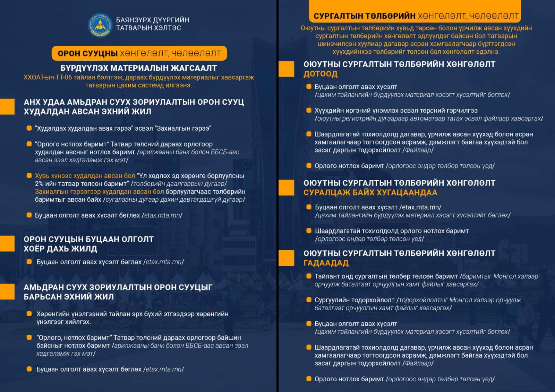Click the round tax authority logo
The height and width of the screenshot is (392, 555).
click(x=100, y=25)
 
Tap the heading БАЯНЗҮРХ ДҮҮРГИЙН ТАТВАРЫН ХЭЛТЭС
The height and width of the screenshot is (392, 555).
click(x=153, y=24)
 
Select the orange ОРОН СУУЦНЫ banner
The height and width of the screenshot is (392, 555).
click(x=139, y=53)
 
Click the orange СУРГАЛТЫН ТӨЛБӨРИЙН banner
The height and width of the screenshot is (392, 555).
click(x=416, y=16)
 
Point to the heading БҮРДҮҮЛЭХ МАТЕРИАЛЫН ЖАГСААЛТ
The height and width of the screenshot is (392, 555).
click(x=139, y=68)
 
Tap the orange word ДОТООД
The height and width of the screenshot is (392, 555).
click(x=320, y=74)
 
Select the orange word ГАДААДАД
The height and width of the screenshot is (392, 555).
click(x=326, y=263)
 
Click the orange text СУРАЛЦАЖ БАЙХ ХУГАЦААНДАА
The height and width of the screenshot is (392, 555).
click(x=370, y=192)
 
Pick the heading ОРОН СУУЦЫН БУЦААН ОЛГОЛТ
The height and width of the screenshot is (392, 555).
click(x=88, y=239)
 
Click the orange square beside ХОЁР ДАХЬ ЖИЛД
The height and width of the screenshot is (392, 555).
click(x=7, y=244)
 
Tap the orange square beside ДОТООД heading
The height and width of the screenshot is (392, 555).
click(x=287, y=69)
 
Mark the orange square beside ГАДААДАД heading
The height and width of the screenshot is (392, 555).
click(x=287, y=258)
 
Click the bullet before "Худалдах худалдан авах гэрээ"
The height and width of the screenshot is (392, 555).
click(x=29, y=128)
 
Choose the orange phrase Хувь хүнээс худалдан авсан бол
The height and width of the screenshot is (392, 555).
click(x=85, y=176)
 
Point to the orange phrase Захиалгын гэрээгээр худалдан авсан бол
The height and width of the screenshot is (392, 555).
click(x=99, y=192)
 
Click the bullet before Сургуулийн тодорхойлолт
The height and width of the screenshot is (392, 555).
click(x=309, y=300)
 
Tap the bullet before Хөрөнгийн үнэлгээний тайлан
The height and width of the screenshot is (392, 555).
click(x=29, y=314)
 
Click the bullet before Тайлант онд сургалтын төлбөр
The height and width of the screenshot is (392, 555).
click(x=309, y=276)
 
